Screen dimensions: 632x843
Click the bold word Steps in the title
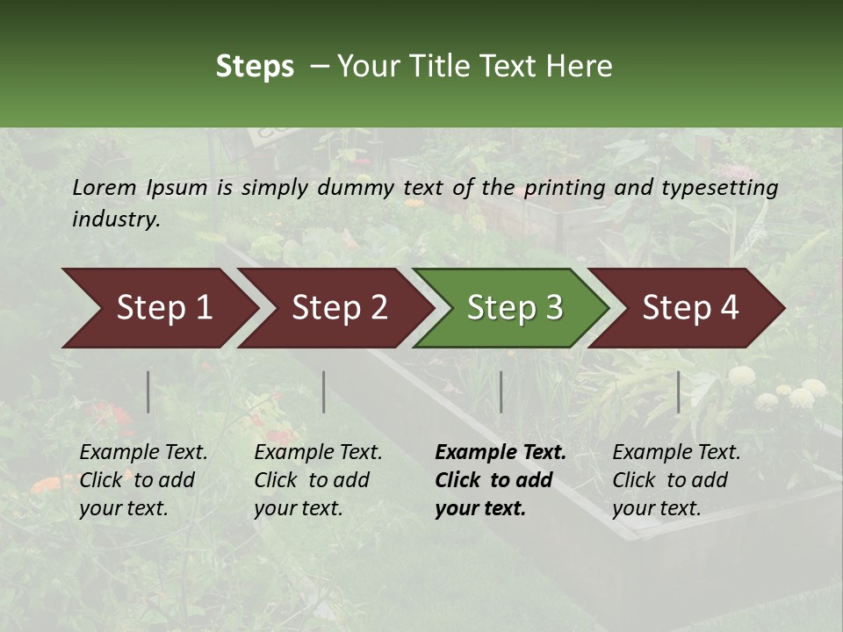(255, 67)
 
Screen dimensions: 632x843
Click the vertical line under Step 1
(148, 391)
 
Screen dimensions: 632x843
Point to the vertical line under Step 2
(324, 391)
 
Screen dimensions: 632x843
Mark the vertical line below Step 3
(501, 391)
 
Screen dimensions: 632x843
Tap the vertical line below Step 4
(678, 391)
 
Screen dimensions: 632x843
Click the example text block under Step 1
(143, 480)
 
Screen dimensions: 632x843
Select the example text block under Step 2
(318, 480)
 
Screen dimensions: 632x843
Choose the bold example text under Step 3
(501, 480)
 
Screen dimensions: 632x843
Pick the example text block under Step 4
(676, 480)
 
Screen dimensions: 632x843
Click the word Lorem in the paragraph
(104, 187)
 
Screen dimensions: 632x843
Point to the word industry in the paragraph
(116, 219)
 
